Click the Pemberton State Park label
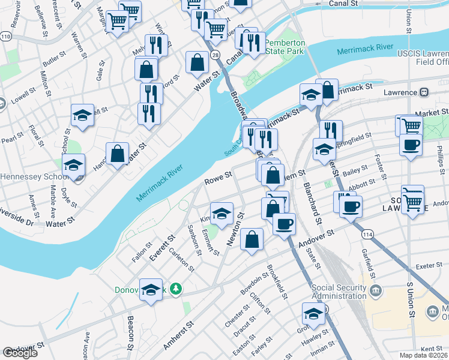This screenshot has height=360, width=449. pyautogui.click(x=285, y=48)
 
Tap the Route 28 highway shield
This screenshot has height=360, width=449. pyautogui.click(x=215, y=55)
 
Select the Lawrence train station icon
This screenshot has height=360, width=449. pyautogui.click(x=424, y=92)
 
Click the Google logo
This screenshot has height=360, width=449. pyautogui.click(x=20, y=353)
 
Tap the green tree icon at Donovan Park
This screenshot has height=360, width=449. pyautogui.click(x=175, y=289)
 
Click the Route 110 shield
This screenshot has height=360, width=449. pyautogui.click(x=5, y=37)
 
